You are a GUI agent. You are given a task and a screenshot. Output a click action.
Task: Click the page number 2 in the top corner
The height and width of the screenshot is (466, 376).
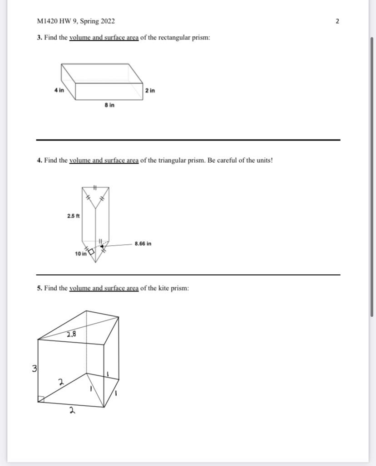point(337,21)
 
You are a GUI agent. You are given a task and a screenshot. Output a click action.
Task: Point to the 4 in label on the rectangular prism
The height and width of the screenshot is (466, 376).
point(59,90)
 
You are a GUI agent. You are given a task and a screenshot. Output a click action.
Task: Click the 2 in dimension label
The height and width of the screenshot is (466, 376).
point(150,91)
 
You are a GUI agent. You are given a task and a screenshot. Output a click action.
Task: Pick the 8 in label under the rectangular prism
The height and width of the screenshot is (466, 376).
point(109,105)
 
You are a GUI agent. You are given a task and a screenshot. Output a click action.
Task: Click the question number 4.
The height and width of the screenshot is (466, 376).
point(40,160)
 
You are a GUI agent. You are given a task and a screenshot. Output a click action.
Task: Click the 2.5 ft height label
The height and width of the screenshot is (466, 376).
point(73,216)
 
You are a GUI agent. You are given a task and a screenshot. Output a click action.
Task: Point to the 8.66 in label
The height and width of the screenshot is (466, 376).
point(143,244)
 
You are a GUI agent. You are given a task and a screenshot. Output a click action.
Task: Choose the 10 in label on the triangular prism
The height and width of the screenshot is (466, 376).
point(80,254)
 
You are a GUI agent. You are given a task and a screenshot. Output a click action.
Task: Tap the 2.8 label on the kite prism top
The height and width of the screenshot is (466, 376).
point(71,335)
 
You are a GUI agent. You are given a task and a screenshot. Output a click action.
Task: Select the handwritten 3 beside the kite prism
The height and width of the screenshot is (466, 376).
point(35,369)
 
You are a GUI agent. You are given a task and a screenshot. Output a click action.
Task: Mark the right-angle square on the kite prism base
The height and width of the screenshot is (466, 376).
point(41,399)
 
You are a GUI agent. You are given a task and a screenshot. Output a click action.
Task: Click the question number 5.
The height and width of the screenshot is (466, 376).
point(40,288)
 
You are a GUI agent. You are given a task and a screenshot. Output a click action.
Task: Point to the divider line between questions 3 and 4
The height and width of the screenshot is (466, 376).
point(188,140)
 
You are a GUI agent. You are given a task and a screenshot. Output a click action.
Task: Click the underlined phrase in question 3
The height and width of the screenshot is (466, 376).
point(104,38)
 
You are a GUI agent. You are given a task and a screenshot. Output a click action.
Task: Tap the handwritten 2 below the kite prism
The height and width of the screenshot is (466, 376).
point(71,411)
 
